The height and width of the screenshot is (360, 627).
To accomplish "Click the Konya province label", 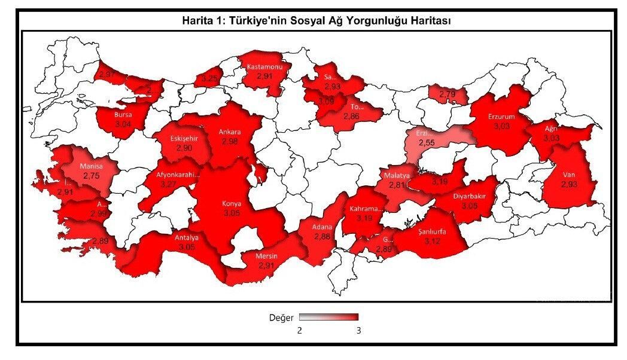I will tap(232, 203).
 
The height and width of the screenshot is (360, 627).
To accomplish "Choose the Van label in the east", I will tap(568, 175).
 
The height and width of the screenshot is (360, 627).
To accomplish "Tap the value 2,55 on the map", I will tap(426, 144).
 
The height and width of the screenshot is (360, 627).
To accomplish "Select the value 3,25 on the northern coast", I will tap(210, 78).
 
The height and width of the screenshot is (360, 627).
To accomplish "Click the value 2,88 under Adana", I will tap(322, 237).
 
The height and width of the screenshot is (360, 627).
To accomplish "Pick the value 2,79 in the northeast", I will tap(448, 94).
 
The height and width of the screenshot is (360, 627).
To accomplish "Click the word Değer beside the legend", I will tap(281, 318).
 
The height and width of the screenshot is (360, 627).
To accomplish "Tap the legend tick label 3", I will tap(358, 330).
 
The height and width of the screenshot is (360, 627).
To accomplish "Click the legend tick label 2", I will tap(300, 330).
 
